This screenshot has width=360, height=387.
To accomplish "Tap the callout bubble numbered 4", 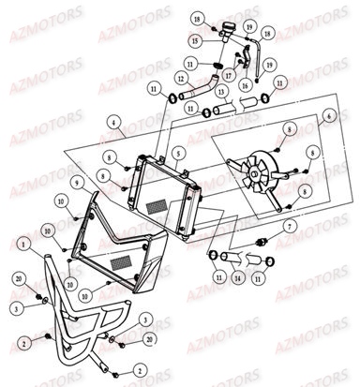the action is click(112, 123).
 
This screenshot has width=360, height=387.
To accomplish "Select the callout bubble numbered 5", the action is click(178, 150).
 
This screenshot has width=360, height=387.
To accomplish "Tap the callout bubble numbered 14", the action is click(236, 278).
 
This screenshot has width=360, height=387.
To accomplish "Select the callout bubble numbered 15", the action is click(194, 42).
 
